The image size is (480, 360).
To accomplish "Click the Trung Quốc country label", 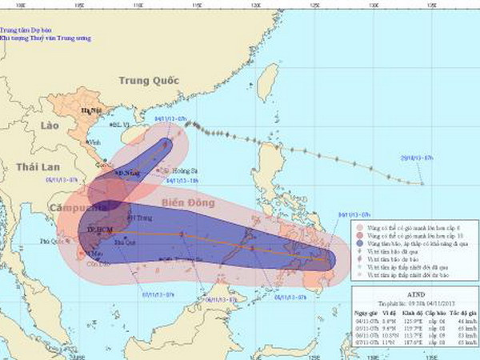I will [146, 80].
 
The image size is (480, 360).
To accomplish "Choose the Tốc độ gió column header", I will [462, 311].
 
